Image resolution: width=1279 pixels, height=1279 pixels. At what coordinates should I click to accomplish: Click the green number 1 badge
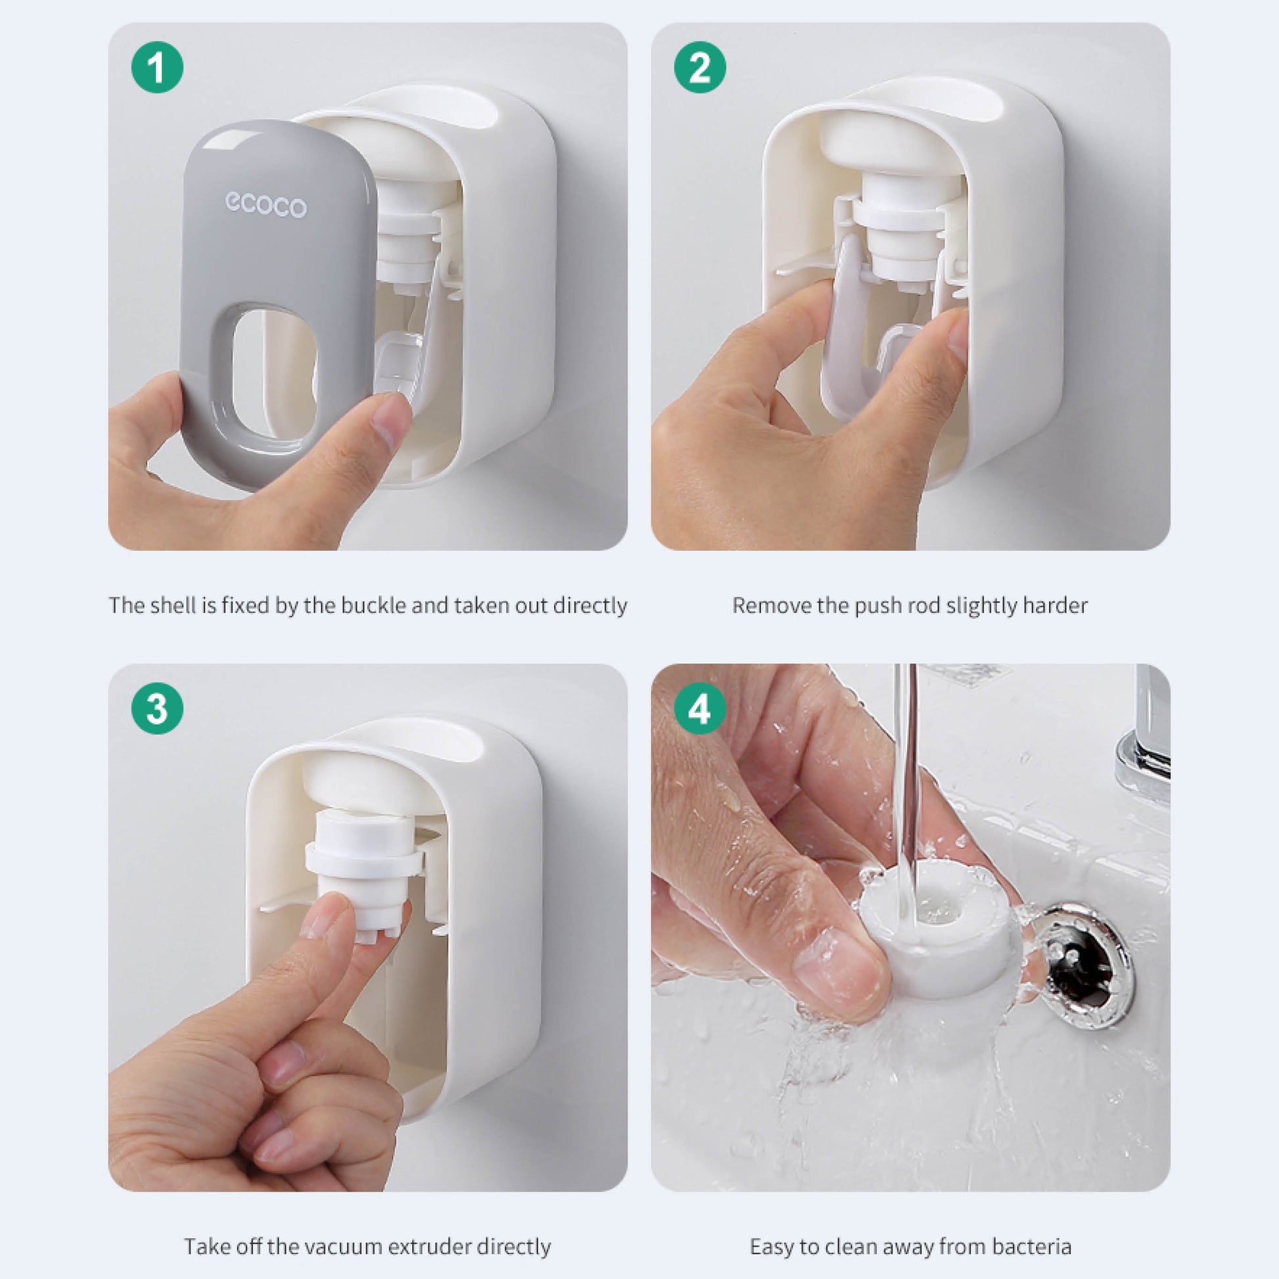[x=158, y=67]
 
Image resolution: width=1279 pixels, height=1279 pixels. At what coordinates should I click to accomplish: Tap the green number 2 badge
[x=700, y=67]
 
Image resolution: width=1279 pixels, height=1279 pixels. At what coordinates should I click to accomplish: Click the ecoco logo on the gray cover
[x=266, y=204]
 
